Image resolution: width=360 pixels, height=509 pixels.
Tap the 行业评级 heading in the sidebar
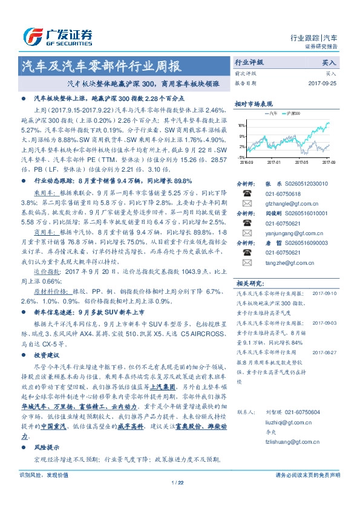249,62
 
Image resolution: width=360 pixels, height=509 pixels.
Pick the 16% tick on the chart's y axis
241,126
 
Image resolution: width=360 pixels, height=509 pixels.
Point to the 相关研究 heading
249,283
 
